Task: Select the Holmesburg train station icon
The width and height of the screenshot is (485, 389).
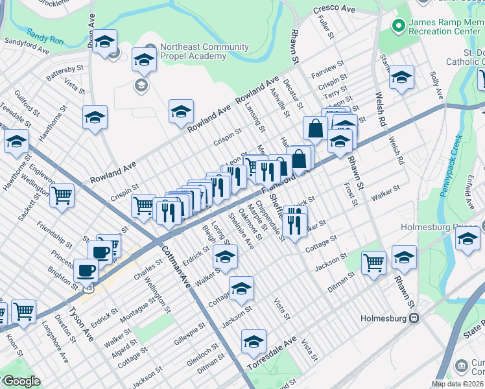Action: tap(412, 318)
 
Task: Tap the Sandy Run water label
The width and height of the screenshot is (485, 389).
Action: tap(45, 35)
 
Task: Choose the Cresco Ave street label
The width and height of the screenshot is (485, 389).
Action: tap(334, 10)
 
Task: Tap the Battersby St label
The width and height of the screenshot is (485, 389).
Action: tap(65, 71)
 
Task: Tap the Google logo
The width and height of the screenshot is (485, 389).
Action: tap(21, 381)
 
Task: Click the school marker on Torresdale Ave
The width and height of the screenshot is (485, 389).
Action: tap(254, 342)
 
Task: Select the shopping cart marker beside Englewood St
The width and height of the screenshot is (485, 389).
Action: tap(62, 194)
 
